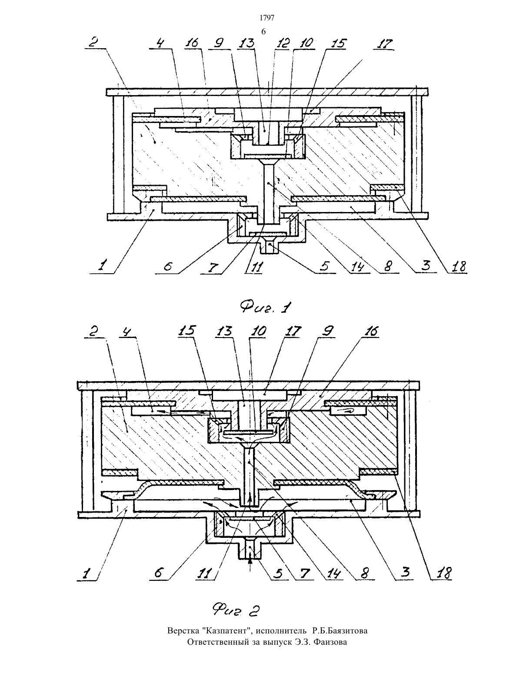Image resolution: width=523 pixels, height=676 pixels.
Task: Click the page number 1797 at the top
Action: (267, 18)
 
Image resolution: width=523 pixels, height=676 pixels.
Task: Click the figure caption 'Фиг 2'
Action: (236, 610)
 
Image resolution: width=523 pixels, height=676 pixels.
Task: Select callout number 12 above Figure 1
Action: (282, 43)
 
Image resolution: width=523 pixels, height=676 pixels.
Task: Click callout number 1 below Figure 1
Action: (103, 266)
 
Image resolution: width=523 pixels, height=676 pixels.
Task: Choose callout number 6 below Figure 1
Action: (168, 267)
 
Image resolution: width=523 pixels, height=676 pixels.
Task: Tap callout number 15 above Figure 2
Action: (187, 331)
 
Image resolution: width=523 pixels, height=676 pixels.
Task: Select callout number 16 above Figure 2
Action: (370, 331)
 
